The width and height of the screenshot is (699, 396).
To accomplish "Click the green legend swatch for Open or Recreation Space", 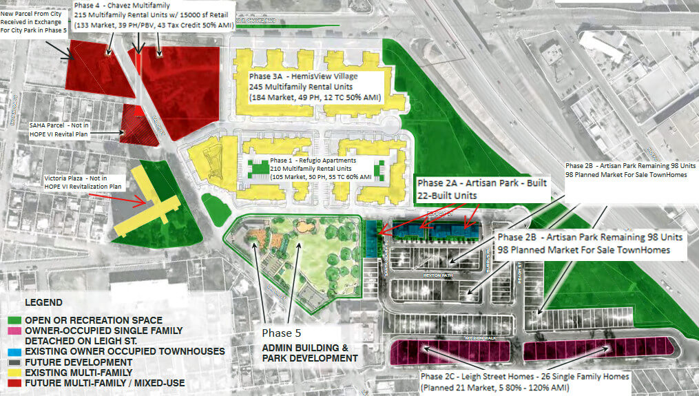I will (x=17, y=320).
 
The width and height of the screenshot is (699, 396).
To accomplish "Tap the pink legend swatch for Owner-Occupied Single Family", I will (x=17, y=331).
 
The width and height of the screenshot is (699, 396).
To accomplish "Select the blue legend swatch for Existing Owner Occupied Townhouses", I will (x=17, y=351).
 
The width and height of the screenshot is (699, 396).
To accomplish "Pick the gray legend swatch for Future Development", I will (x=17, y=362).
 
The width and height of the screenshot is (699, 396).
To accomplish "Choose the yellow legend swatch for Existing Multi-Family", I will (x=17, y=372).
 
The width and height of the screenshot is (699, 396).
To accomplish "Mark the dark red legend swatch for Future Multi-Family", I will (x=17, y=383).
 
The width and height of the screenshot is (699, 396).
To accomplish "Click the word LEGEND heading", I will (x=43, y=302).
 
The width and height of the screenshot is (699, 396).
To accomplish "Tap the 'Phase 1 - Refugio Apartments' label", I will (x=308, y=160).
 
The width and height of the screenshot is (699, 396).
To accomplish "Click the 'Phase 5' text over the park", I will (x=282, y=333).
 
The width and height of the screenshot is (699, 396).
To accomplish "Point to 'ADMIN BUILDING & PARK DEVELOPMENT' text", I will (x=310, y=353).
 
